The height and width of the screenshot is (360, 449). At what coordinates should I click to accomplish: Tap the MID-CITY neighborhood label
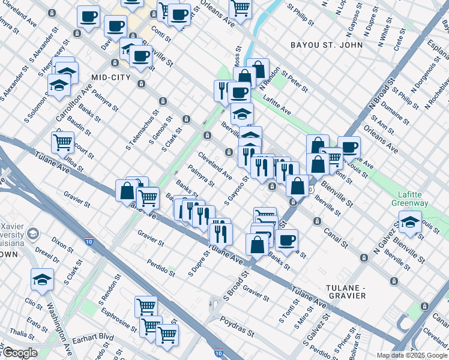111,77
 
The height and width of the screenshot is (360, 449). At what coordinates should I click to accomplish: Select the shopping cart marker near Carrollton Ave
63,142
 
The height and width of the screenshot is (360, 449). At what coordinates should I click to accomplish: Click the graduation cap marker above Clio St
42,278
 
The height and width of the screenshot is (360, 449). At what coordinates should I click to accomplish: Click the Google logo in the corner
20,353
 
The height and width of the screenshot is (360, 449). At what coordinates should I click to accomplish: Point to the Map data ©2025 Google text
412,355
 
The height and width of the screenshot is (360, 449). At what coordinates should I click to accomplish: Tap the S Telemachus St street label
142,130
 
